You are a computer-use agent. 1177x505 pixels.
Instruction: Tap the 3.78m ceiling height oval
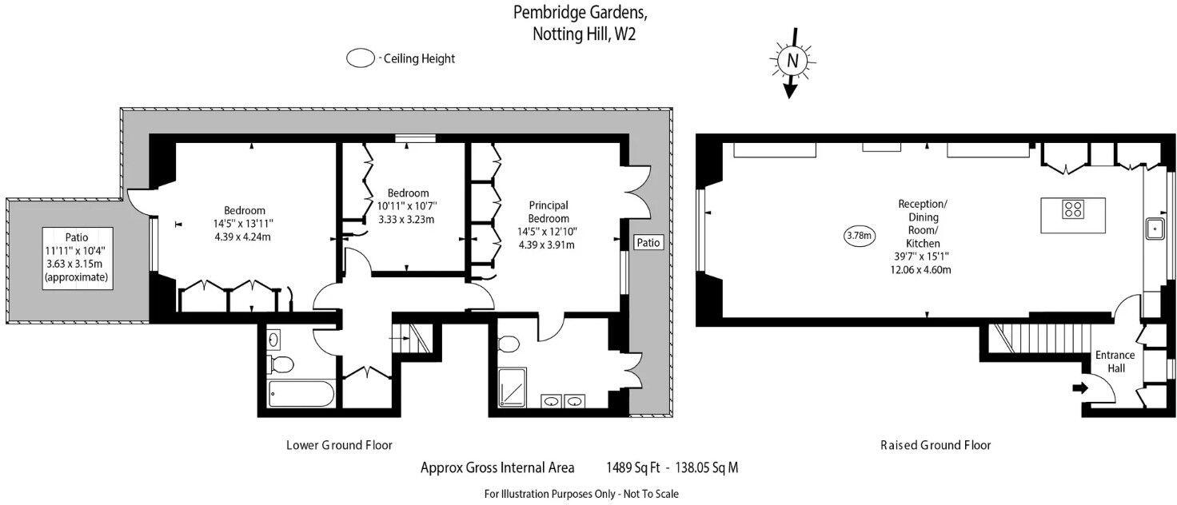coord(860,235)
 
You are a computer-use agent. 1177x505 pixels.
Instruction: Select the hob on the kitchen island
coord(1073,209)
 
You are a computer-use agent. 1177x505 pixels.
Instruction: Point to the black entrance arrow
coord(1079,388)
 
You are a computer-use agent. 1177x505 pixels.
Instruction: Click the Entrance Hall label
coord(1115,362)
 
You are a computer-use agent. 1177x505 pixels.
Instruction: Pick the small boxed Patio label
coord(648,242)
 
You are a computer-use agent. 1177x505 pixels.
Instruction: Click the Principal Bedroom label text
coord(549,213)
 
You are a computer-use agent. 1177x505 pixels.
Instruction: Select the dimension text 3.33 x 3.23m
coord(408,220)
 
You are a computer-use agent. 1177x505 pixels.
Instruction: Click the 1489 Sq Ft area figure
coord(632,468)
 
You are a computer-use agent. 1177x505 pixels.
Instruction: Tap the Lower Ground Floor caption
coord(339,445)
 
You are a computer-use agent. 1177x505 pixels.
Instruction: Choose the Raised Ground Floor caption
coord(935,445)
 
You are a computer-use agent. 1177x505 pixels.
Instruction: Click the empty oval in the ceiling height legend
coord(361,58)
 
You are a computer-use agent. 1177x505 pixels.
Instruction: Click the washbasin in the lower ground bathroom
coord(274,340)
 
